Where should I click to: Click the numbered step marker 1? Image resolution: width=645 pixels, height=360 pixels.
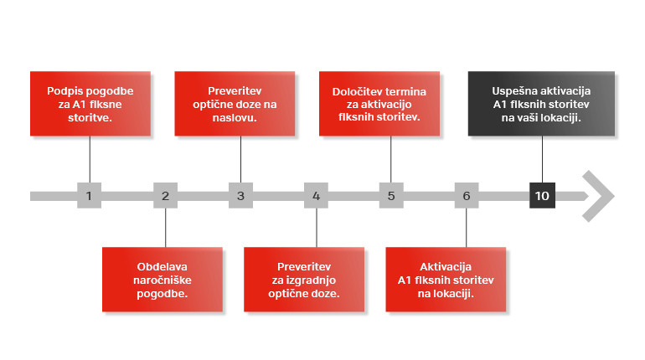click(90, 196)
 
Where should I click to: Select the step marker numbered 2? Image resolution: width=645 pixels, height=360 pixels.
click(165, 196)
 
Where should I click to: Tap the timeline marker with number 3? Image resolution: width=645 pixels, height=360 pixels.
click(240, 196)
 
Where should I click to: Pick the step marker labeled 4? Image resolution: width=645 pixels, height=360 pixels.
click(316, 196)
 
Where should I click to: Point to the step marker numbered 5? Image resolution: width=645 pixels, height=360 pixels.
click(391, 196)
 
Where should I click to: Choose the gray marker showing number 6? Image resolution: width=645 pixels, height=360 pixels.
click(467, 196)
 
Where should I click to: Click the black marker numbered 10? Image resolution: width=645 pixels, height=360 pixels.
click(542, 196)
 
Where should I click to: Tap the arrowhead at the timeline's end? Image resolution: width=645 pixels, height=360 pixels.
click(599, 196)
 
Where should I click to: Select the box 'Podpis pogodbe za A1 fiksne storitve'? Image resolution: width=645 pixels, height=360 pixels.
click(90, 104)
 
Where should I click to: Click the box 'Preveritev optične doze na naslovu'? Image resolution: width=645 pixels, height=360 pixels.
click(235, 104)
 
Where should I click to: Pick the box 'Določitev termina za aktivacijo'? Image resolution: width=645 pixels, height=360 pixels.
click(379, 104)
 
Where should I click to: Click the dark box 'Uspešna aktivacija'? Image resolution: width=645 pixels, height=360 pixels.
click(541, 104)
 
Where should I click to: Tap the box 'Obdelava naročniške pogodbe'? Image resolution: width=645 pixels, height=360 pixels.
click(163, 280)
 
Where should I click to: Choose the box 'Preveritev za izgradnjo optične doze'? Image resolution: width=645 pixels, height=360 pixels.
click(304, 280)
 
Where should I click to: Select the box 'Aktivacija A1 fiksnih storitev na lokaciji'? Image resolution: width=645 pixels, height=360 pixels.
click(446, 280)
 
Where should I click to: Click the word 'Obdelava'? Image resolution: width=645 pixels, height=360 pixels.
click(162, 267)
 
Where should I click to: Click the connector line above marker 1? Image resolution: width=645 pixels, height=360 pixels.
click(90, 159)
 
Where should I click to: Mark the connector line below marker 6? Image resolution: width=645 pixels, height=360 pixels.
click(467, 228)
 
